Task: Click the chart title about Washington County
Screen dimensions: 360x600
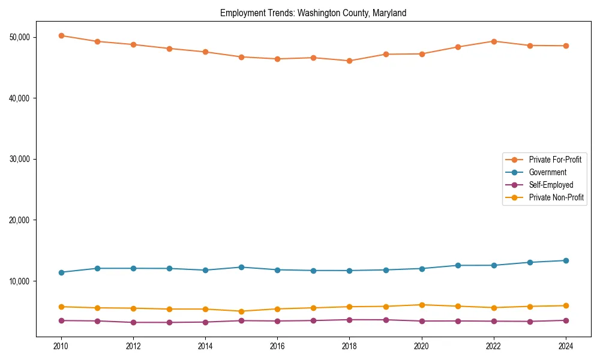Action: click(313, 13)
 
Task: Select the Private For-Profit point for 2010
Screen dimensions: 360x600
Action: click(61, 35)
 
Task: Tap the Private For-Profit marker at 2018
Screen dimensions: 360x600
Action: click(349, 61)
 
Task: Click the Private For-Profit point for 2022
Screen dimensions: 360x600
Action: click(494, 41)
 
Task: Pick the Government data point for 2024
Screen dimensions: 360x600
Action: click(566, 260)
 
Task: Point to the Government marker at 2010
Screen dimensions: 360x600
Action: click(61, 272)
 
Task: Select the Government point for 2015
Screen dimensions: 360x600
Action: click(241, 267)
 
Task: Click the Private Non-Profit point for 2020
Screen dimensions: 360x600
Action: click(422, 305)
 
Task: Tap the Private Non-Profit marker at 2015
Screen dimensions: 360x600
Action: click(241, 311)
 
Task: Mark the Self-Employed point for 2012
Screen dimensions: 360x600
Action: click(133, 322)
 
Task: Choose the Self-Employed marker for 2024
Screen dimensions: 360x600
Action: click(566, 320)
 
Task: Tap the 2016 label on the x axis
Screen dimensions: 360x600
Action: click(277, 346)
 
